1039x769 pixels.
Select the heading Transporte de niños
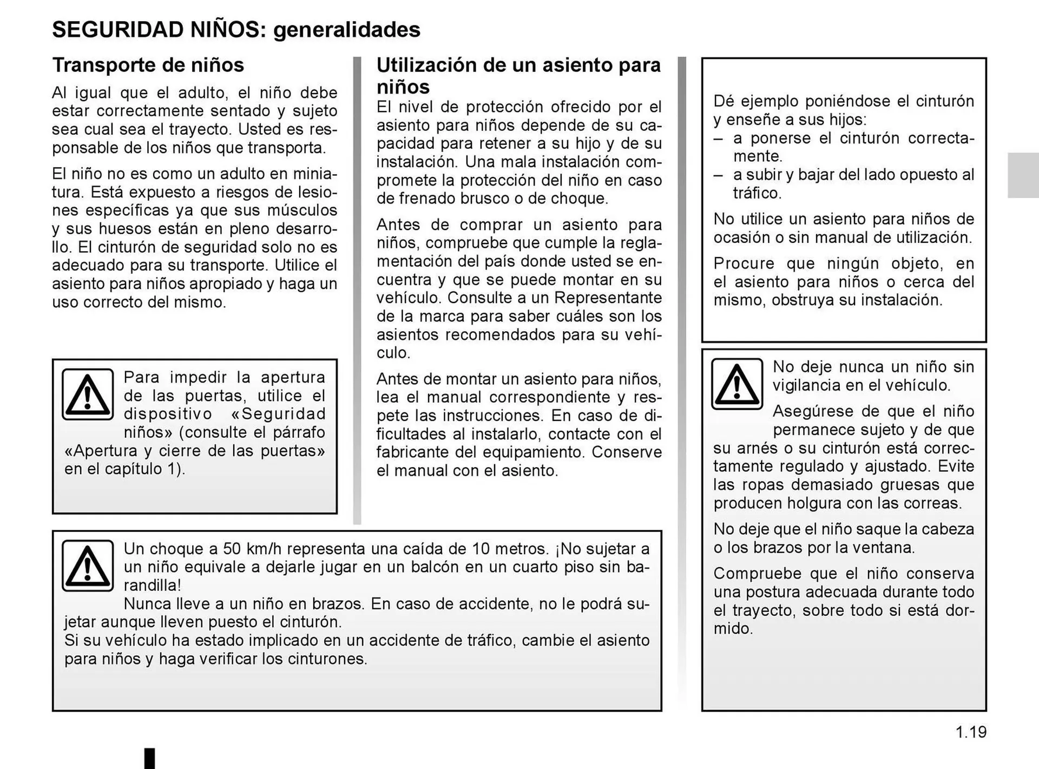(148, 65)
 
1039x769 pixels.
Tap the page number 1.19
(971, 732)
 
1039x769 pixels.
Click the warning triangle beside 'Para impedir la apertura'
(88, 395)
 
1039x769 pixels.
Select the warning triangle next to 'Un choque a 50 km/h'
(88, 566)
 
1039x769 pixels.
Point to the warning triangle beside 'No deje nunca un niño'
(736, 384)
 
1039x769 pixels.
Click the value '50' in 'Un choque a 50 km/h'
(232, 549)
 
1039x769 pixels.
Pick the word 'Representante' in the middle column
(608, 298)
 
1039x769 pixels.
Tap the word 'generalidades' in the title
(346, 30)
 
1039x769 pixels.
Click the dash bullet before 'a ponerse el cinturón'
(718, 138)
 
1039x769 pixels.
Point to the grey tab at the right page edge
(1023, 175)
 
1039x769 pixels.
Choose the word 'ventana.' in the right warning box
(882, 548)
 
